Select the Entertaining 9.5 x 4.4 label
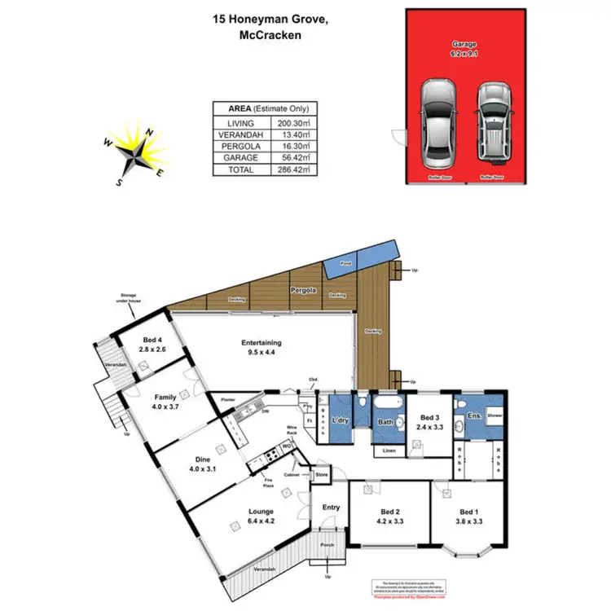point(261,348)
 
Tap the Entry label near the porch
point(331,508)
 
